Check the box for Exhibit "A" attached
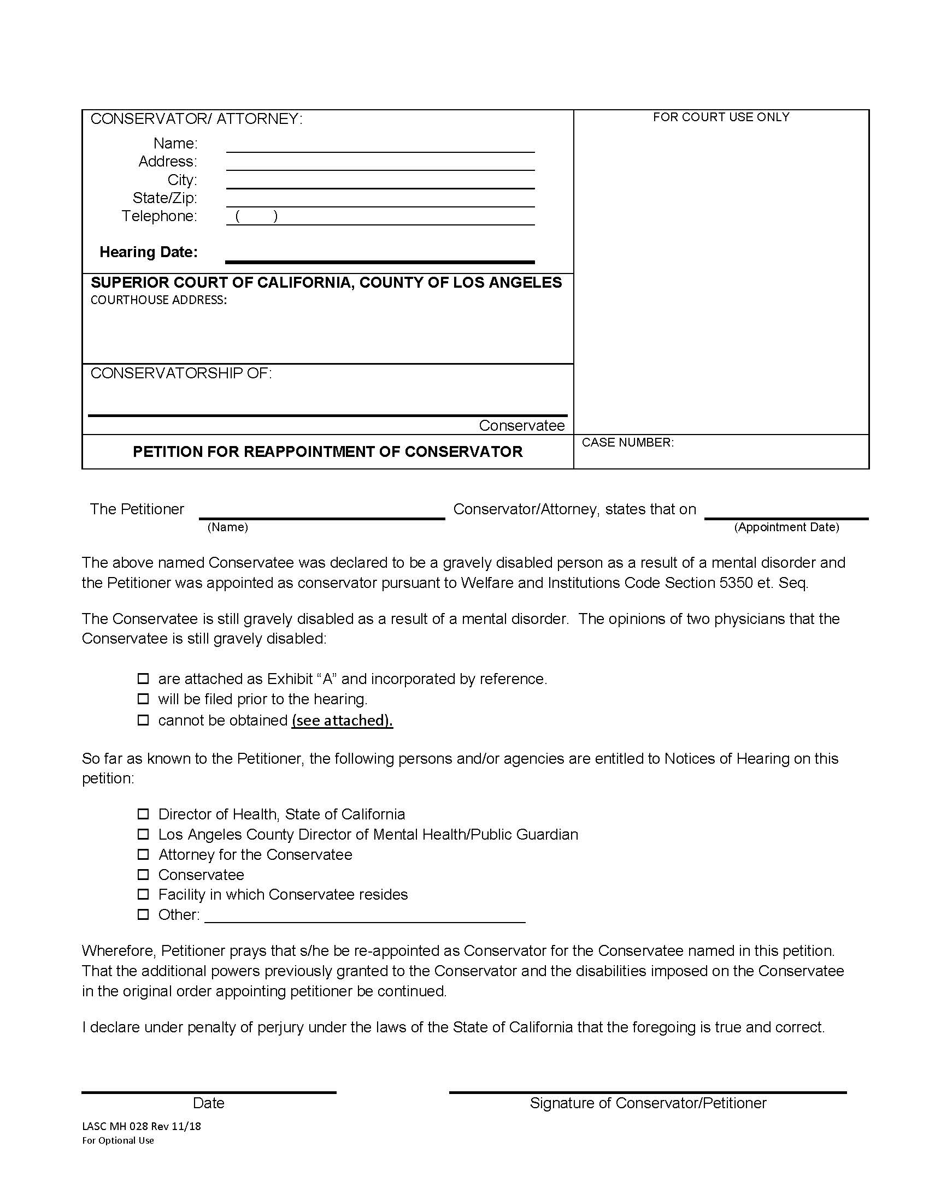tap(143, 679)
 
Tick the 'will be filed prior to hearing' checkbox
tap(143, 699)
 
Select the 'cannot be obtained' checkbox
tap(143, 720)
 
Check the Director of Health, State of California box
tap(143, 814)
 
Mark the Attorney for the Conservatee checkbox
tap(143, 854)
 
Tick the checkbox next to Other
tap(143, 914)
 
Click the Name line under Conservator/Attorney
tap(380, 146)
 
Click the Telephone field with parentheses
tap(380, 218)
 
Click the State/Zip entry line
tap(380, 200)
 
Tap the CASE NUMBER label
tap(627, 443)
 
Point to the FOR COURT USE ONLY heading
tap(721, 117)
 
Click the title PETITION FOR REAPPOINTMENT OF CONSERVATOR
tap(327, 452)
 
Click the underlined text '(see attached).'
tap(342, 721)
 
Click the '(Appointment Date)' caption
tap(786, 527)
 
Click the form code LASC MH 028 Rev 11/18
tap(142, 1126)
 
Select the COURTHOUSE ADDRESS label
tap(158, 300)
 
